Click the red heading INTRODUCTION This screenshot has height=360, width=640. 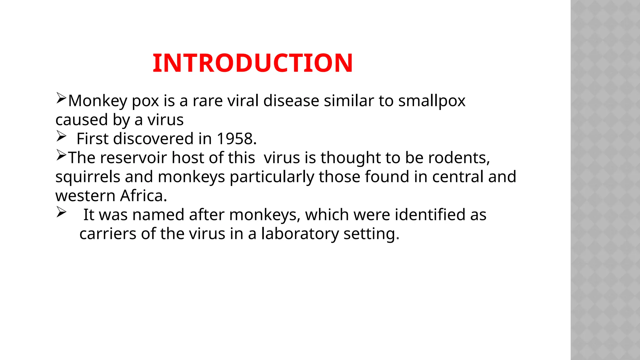tap(252, 63)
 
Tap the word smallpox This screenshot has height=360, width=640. tap(432, 101)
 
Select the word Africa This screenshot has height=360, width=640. tap(143, 196)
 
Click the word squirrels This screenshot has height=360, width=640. tap(88, 177)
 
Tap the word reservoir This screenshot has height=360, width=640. tap(136, 158)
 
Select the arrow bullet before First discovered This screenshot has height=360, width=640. tap(61, 136)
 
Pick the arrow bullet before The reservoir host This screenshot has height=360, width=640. tap(61, 155)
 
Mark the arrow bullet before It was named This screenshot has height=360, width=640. tap(61, 212)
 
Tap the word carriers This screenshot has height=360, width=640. tap(108, 234)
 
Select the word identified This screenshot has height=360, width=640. tap(430, 215)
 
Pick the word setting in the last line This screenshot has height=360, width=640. tap(371, 234)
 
